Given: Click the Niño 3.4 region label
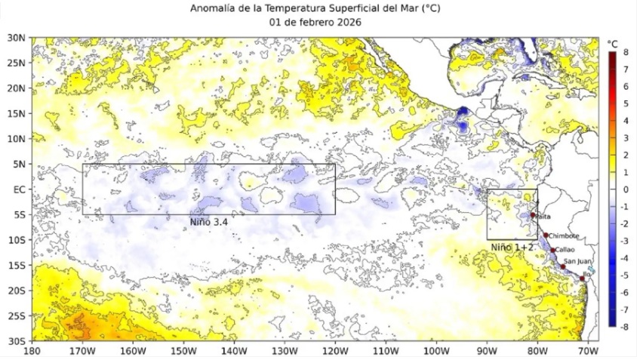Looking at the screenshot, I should coord(209,222).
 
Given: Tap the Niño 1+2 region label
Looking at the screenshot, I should coord(512,247).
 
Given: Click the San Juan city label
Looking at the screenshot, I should coord(578,261).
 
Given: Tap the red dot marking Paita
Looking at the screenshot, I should coord(533,215).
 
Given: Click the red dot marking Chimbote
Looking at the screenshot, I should coord(546,235).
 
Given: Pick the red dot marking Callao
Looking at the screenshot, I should coord(553,250).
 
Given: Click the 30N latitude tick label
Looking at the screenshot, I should coord(16,38).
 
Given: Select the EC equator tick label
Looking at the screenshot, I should coord(18,189).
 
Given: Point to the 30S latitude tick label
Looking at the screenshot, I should coord(16,340).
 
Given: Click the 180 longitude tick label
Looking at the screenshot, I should coord(32,351).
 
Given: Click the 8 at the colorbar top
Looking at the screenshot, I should coord(626,52).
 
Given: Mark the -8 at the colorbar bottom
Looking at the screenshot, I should coord(624,327).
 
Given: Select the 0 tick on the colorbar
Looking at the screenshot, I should coord(626,189).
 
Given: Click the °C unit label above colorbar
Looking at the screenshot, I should coord(613,43).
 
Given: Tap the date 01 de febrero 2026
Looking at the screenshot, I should coord(315,22).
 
